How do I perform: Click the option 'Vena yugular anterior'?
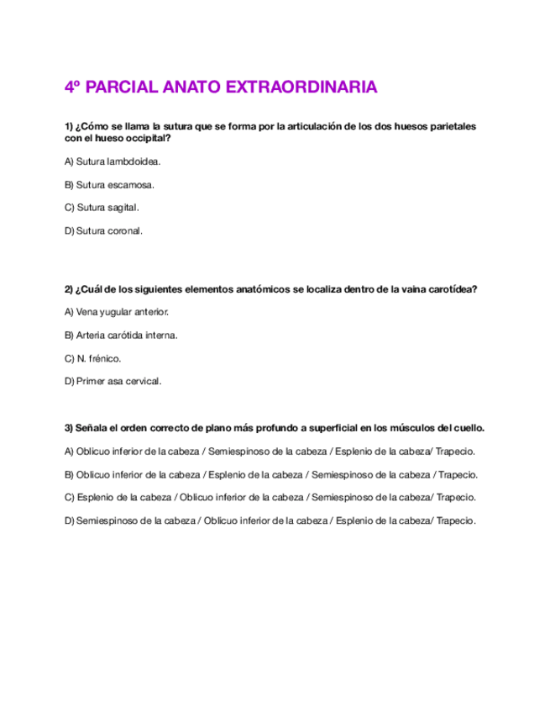coord(117,312)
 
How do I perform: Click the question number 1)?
coord(69,126)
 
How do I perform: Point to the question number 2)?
coord(69,289)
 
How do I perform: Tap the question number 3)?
coord(69,427)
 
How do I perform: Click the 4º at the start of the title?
coord(73,87)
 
